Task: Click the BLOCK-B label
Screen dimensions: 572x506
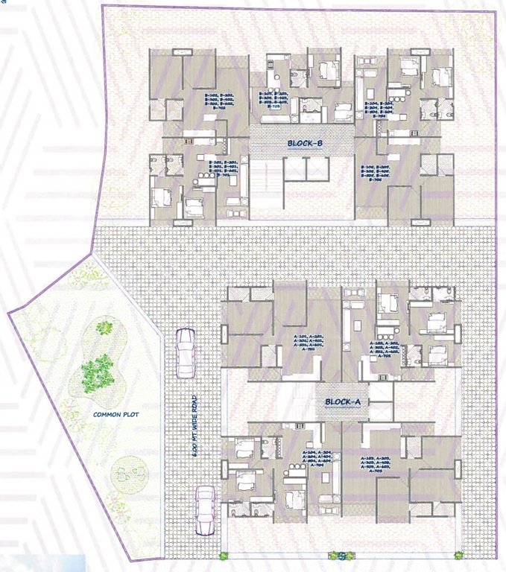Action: tap(304, 144)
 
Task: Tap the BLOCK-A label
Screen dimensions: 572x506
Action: tap(342, 402)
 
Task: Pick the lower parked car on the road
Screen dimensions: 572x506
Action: tap(203, 511)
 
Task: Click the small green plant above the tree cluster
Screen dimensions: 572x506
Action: tap(105, 327)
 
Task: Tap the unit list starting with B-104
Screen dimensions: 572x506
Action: tap(392, 109)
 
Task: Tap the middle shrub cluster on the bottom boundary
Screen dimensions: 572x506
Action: tap(339, 556)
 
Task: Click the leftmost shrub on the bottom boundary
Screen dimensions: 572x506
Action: tap(223, 556)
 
